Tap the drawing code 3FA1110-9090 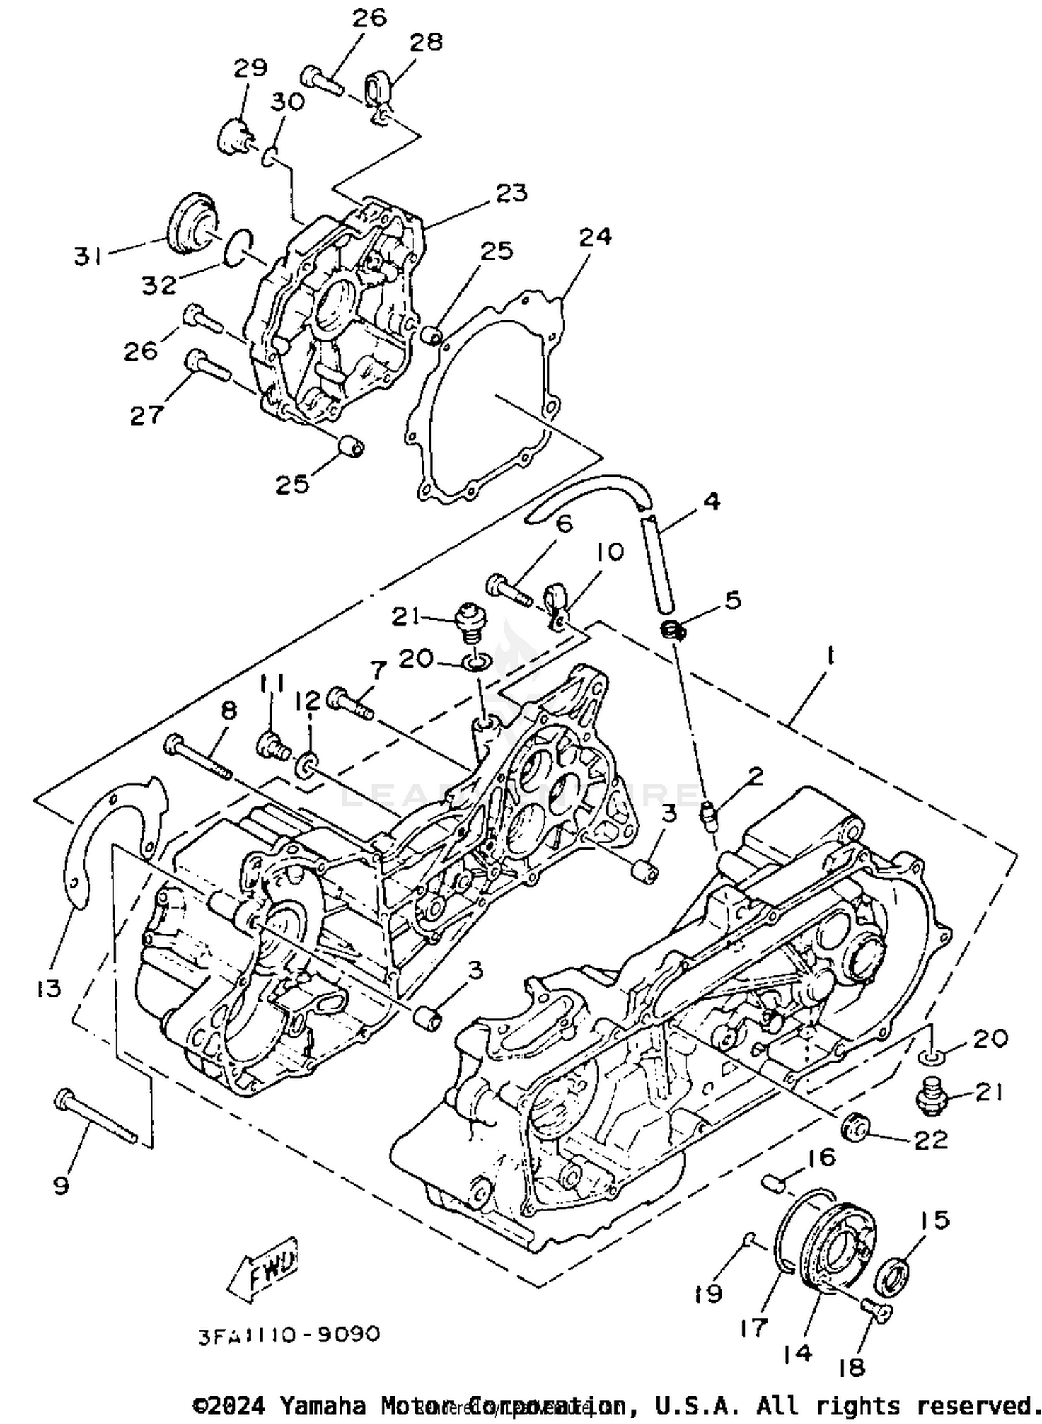pos(290,1334)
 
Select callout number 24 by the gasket pos(595,236)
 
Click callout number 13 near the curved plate pos(49,987)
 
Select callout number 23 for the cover pos(511,192)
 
